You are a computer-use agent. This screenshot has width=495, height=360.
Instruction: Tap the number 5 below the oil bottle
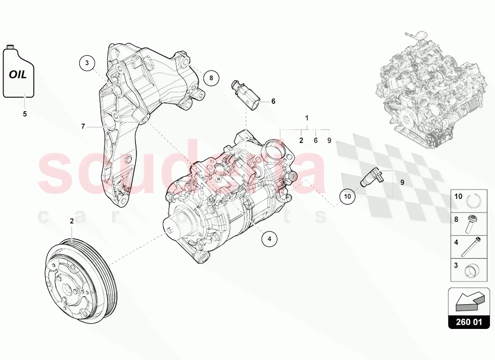tap(25, 114)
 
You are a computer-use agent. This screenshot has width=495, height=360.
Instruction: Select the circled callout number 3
tap(88, 63)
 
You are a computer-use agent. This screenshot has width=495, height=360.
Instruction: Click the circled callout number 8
tap(211, 77)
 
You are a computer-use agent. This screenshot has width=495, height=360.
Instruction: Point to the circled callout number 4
tap(270, 239)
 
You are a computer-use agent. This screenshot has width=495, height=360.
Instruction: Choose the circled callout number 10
tap(347, 196)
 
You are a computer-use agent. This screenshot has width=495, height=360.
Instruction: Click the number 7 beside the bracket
tap(83, 126)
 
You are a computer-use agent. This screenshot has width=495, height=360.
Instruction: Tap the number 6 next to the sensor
tap(273, 101)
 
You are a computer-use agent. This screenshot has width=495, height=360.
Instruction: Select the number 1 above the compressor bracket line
tap(307, 118)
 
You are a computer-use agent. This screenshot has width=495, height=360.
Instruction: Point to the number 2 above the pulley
tap(72, 220)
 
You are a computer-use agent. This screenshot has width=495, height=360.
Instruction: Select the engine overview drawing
tap(430, 90)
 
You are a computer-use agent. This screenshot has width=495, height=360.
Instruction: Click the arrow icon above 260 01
tap(469, 301)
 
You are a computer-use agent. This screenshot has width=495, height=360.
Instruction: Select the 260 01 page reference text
tap(468, 322)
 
